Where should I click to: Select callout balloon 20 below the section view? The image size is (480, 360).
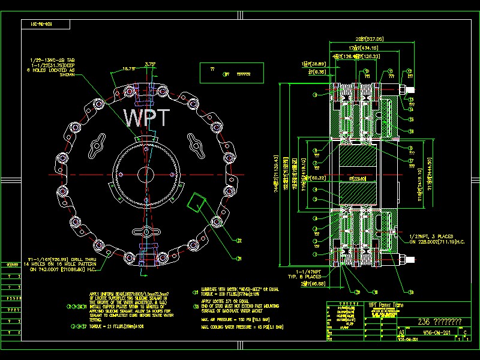[358, 292]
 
